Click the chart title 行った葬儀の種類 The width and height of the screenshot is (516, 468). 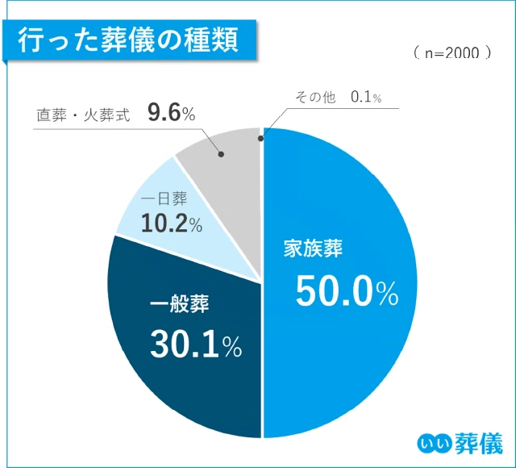(x=128, y=38)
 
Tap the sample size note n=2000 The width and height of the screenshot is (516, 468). (x=451, y=52)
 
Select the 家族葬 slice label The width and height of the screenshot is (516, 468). (x=312, y=249)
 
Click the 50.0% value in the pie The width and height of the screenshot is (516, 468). (x=347, y=292)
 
